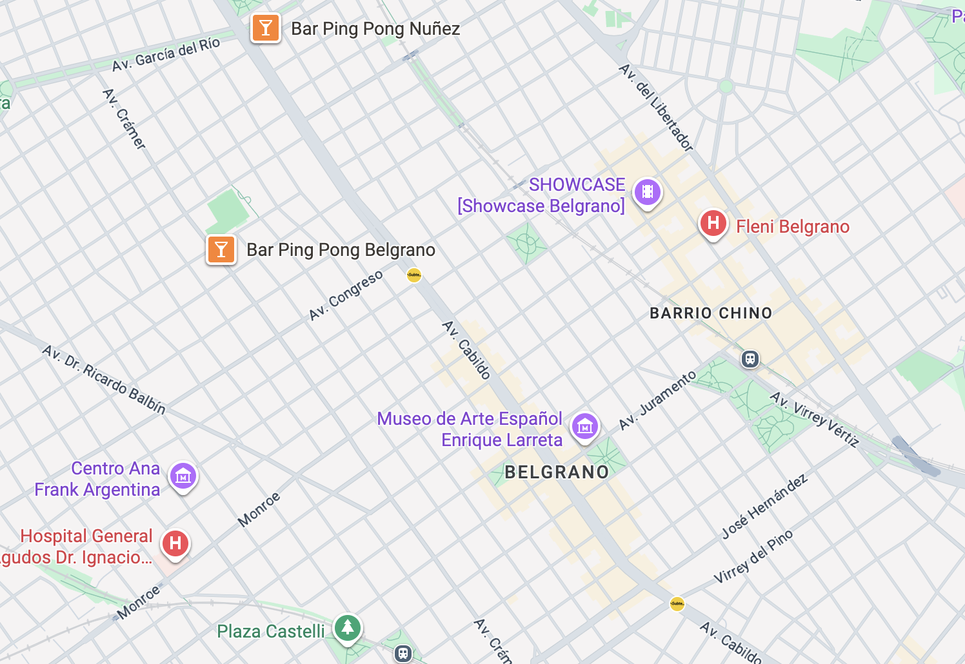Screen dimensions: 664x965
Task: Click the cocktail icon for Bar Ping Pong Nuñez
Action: (x=265, y=28)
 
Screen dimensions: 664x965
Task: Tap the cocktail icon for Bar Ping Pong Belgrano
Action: (x=221, y=249)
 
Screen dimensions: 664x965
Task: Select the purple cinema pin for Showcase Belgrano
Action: (x=647, y=192)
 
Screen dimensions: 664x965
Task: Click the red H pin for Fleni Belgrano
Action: (x=713, y=224)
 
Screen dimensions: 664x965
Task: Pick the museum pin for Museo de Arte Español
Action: (x=585, y=426)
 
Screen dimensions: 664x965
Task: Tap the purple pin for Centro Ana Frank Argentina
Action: (x=183, y=477)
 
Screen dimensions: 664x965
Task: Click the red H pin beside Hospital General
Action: (x=175, y=543)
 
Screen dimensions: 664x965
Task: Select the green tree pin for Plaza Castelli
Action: (x=348, y=627)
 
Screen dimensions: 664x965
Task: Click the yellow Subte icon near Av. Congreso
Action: (x=414, y=275)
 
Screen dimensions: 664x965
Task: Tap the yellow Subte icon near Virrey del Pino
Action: (x=677, y=604)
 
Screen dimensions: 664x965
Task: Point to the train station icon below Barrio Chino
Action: (x=750, y=359)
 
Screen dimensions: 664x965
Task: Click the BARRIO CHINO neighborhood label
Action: (x=711, y=313)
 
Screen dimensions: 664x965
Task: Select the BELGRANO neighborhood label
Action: (x=557, y=473)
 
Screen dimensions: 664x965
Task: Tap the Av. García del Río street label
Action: (x=166, y=55)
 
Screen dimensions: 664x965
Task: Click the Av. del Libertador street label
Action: (x=655, y=107)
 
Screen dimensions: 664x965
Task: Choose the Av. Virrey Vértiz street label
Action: (x=815, y=419)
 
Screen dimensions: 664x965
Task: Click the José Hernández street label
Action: (x=764, y=507)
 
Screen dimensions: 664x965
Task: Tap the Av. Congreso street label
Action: (x=346, y=295)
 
